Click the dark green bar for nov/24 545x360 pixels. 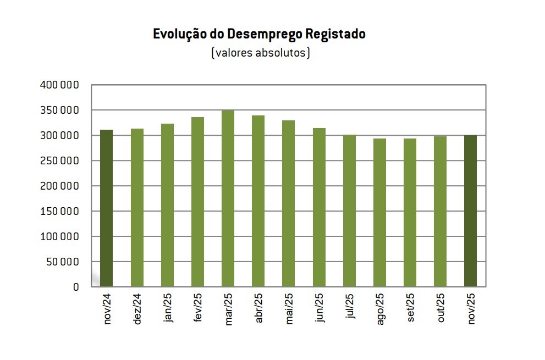[x=107, y=208]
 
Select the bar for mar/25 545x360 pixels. [x=228, y=198]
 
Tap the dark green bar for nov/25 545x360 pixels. [x=470, y=211]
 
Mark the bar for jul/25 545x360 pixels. [x=349, y=211]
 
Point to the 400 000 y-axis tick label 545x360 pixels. [x=60, y=85]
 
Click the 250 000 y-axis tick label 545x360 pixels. [x=60, y=161]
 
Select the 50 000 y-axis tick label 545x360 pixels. [x=63, y=262]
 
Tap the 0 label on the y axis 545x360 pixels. [x=76, y=287]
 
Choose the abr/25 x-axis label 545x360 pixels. [x=258, y=309]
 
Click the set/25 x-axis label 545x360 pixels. [x=410, y=309]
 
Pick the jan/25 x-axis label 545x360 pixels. [x=168, y=309]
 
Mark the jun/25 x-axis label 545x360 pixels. [x=319, y=309]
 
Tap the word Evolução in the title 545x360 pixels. [x=180, y=34]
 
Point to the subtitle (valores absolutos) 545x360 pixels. [x=260, y=53]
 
